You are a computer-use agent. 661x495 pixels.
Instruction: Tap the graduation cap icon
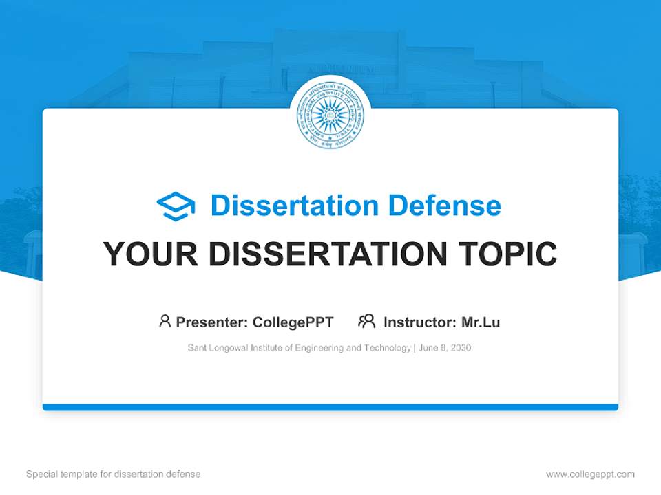point(176,206)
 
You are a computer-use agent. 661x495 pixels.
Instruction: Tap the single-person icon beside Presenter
point(165,321)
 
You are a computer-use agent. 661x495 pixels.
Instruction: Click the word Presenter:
point(212,322)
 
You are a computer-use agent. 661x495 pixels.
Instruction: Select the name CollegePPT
point(293,322)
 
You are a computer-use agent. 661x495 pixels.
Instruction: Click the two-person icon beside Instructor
point(366,321)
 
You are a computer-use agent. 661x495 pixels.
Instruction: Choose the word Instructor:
point(419,322)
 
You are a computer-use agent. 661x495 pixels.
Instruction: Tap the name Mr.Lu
point(481,322)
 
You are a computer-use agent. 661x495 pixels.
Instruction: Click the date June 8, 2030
point(445,348)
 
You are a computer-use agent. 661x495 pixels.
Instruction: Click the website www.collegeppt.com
point(590,474)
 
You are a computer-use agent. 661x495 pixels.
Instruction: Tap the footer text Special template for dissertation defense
point(113,474)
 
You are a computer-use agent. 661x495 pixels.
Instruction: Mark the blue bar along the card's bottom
point(330,407)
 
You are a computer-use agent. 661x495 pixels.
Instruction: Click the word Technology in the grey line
point(388,348)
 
